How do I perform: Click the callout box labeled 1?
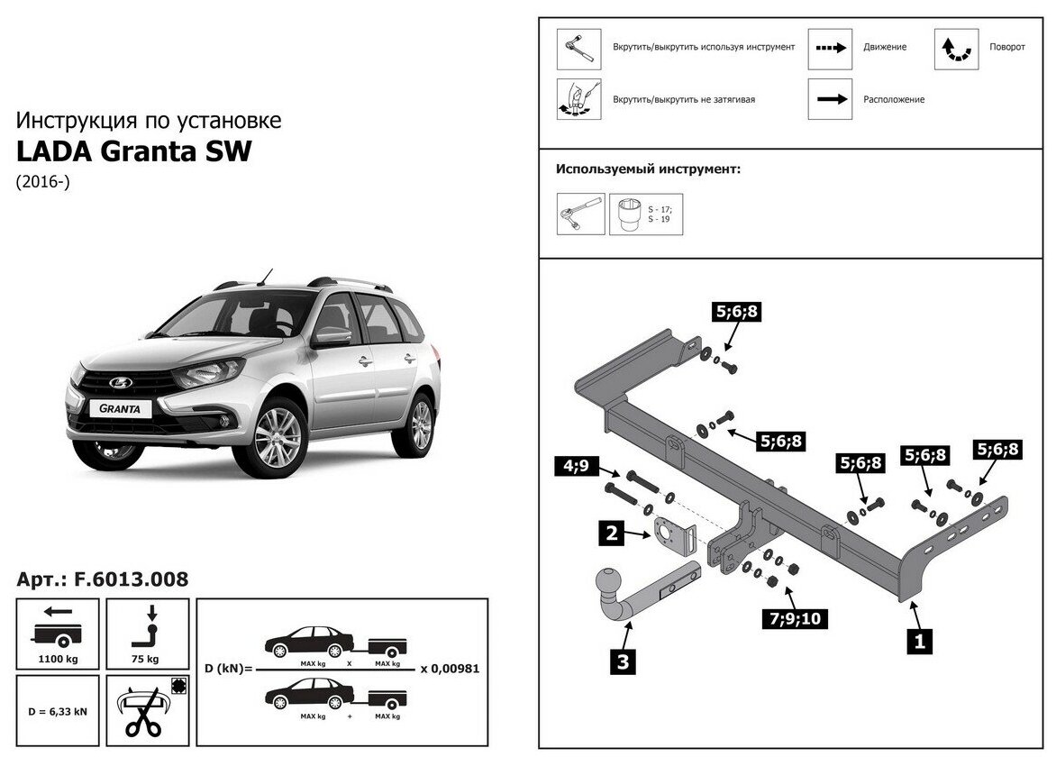pyautogui.click(x=919, y=642)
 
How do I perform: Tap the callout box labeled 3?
pyautogui.click(x=623, y=663)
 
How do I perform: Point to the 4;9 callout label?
pyautogui.click(x=572, y=467)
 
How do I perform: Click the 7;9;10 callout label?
pyautogui.click(x=794, y=618)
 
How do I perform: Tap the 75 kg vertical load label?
pyautogui.click(x=147, y=658)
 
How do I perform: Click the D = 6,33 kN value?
pyautogui.click(x=59, y=711)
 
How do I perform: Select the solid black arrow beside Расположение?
pyautogui.click(x=829, y=99)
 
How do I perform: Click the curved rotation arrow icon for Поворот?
pyautogui.click(x=956, y=50)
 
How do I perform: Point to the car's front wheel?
pyautogui.click(x=278, y=438)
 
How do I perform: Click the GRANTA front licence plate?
pyautogui.click(x=120, y=407)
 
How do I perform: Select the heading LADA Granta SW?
pyautogui.click(x=134, y=151)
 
